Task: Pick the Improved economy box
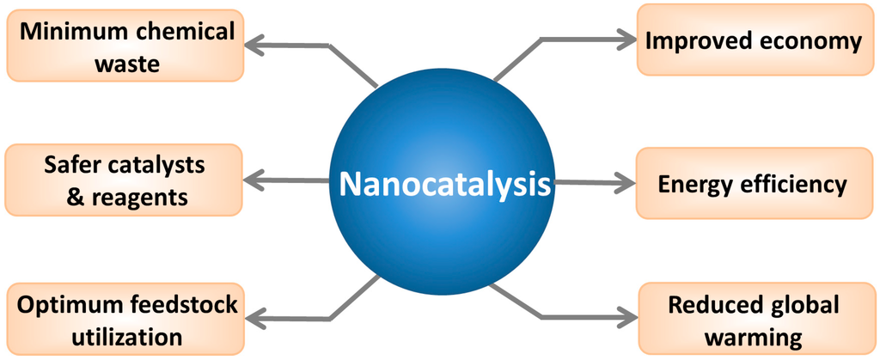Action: click(753, 40)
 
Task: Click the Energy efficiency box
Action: click(753, 183)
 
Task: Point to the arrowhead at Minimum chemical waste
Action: click(254, 42)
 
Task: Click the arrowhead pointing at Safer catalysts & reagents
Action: click(254, 180)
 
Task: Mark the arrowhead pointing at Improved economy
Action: click(623, 38)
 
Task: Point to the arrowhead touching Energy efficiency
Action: click(623, 183)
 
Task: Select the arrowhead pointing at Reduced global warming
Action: click(623, 319)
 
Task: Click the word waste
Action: click(126, 64)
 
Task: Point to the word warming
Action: click(753, 335)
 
